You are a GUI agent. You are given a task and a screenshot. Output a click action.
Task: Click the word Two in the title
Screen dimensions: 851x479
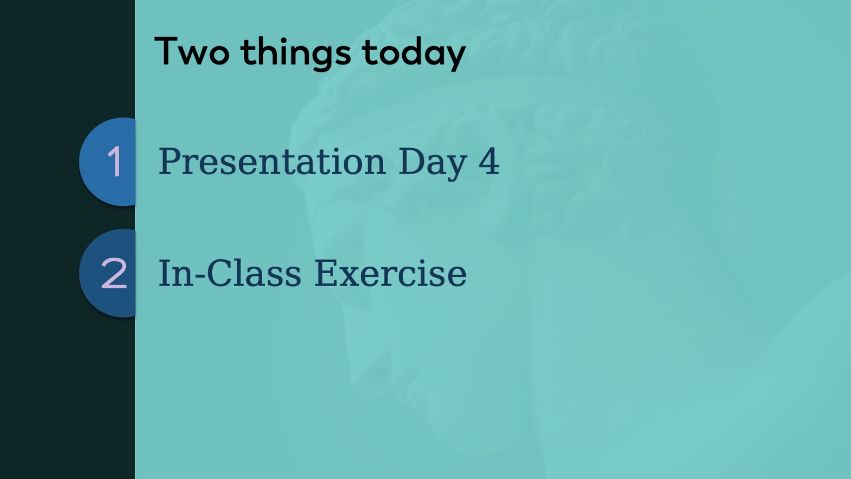coord(192,51)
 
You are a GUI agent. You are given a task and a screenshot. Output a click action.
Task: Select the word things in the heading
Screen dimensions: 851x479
coord(296,53)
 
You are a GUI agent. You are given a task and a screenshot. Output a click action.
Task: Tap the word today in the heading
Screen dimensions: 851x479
coord(414,53)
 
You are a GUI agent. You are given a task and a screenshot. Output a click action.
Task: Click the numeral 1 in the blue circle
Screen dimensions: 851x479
coord(114,162)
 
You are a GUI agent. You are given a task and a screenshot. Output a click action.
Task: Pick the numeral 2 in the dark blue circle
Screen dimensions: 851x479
coord(113,273)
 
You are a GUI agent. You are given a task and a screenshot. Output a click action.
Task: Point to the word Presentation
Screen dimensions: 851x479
coord(272,161)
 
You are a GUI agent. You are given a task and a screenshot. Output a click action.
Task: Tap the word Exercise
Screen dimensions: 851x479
coord(390,272)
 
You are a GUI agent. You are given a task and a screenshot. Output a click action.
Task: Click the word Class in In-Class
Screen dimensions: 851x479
coord(254,272)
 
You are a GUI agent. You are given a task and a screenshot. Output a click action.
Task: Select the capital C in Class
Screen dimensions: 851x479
coord(219,272)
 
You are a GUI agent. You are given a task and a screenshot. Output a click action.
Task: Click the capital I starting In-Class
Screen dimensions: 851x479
coord(166,272)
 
